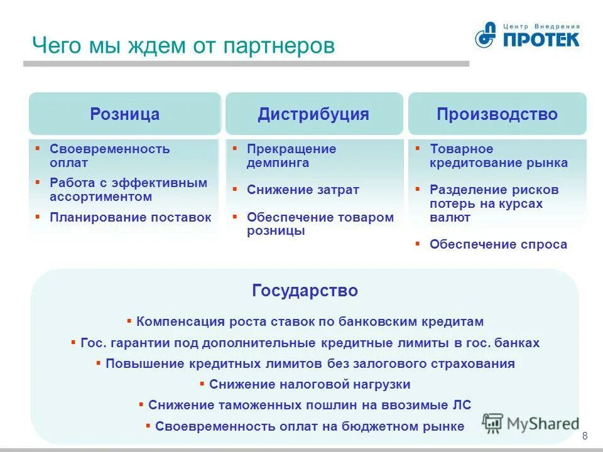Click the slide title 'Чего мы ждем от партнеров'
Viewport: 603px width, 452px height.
click(183, 46)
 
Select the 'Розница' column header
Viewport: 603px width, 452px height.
click(125, 114)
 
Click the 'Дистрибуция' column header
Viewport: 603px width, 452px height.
click(313, 114)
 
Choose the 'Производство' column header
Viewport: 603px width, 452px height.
click(497, 114)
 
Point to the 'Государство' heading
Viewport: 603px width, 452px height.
click(305, 291)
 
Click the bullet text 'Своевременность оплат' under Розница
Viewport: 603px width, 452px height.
click(109, 156)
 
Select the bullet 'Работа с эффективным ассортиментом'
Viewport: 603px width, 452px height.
click(128, 190)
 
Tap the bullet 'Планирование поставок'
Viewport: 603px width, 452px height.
click(130, 217)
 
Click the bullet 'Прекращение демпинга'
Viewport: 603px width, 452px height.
click(291, 156)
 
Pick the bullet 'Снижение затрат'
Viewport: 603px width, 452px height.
click(303, 190)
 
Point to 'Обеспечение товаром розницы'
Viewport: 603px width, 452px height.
click(320, 224)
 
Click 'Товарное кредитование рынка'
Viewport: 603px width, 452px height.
click(498, 156)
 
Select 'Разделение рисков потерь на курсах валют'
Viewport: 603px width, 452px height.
click(494, 203)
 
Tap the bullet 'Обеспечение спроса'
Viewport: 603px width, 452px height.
click(497, 245)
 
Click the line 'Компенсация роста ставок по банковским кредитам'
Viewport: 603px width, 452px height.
click(310, 321)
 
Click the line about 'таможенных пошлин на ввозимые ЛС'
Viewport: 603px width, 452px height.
click(309, 405)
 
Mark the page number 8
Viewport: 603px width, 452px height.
click(585, 437)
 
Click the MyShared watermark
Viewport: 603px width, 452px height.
click(531, 423)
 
